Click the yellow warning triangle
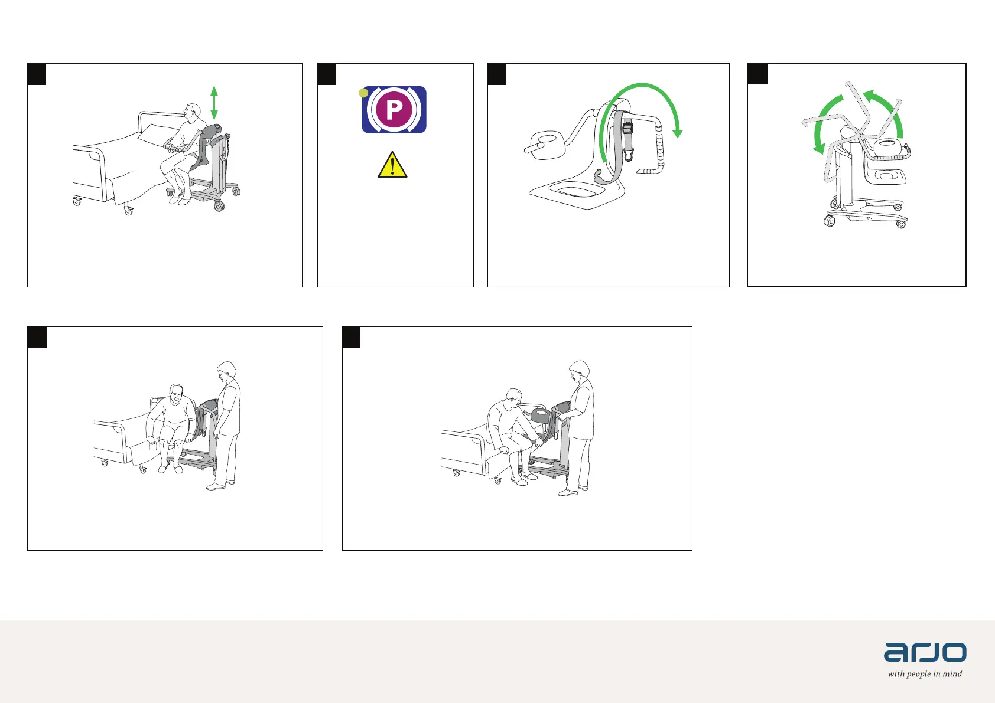[392, 165]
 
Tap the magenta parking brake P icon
[394, 110]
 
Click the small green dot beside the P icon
[363, 93]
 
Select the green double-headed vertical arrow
[214, 103]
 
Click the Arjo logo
[925, 652]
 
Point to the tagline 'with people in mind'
[925, 673]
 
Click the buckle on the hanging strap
[627, 129]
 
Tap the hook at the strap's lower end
[628, 155]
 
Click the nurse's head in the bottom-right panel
[580, 372]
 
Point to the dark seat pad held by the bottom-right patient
[541, 417]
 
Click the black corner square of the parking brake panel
[327, 74]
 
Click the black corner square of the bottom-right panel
[351, 337]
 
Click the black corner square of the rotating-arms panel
[757, 74]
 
